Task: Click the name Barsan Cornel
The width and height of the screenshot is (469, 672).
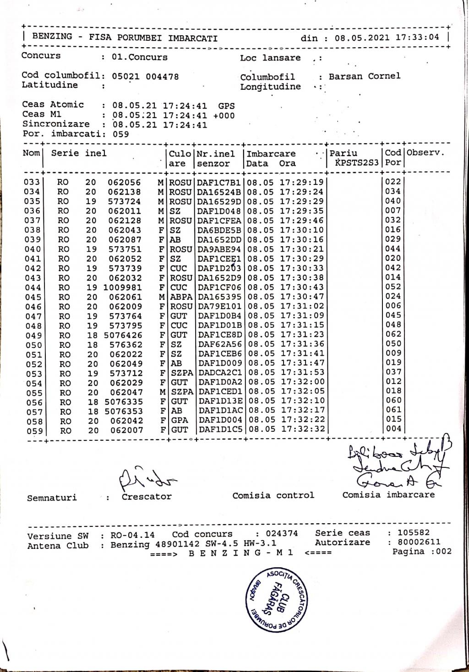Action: click(364, 76)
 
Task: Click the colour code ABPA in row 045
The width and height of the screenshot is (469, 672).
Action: click(181, 297)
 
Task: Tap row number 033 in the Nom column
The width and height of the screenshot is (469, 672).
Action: click(32, 182)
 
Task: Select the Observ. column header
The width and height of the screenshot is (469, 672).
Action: click(425, 153)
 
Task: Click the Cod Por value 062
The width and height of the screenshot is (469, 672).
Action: click(393, 334)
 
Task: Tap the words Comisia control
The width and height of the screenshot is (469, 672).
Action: click(273, 495)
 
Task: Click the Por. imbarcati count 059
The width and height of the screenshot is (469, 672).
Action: click(121, 134)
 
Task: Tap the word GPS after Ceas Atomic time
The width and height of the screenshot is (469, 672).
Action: click(226, 106)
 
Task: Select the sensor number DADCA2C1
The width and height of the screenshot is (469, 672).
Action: click(220, 373)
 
